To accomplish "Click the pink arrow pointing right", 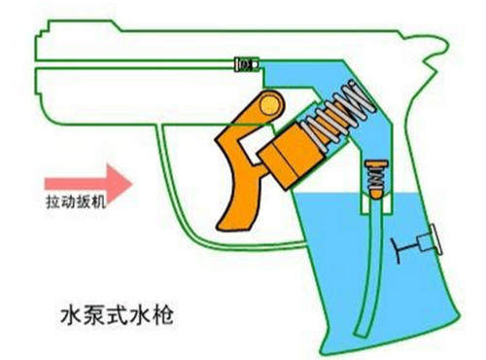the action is coord(88,184).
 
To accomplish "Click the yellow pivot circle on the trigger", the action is coord(269,105).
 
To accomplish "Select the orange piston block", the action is coord(292,153).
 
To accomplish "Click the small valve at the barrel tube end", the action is coord(247,64).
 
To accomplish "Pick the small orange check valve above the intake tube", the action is coord(376,179).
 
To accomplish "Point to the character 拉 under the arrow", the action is coord(52,202).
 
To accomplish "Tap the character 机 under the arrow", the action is coord(97,202).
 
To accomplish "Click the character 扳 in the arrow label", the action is coord(83,202).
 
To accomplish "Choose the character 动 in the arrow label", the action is coord(67,202).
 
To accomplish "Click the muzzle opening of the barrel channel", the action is coord(36,64).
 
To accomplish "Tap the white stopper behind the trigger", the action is coord(256,143).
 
